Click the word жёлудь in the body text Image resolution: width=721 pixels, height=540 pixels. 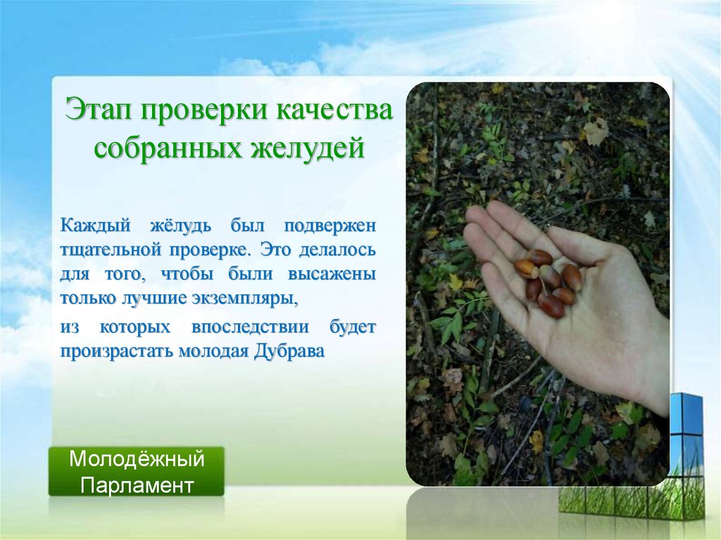pyautogui.click(x=182, y=227)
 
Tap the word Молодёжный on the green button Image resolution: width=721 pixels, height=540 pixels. pyautogui.click(x=137, y=460)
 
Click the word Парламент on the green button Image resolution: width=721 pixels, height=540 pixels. pyautogui.click(x=137, y=485)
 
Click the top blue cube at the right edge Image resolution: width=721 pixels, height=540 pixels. pyautogui.click(x=686, y=413)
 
